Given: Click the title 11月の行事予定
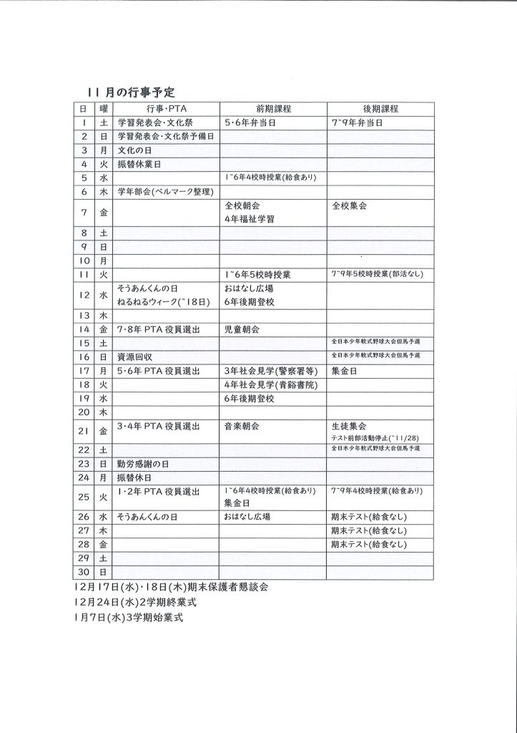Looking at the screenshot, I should pos(131,93).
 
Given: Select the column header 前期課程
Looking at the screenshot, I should pos(272,109).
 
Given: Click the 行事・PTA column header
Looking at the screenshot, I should pos(166,109).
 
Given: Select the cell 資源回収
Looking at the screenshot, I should pos(135,356).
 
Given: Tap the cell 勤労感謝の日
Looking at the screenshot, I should pos(144,463).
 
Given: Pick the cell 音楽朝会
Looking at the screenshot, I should pos(241,426).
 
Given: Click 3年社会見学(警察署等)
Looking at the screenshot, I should pos(265,371).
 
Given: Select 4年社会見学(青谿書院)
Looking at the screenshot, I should pos(265,384).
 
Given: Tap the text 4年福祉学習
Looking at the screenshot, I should pos(248,219).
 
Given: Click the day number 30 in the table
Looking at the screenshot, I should pos(84,572).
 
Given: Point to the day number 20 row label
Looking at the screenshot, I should pos(84,412).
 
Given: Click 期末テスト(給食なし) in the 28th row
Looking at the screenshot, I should pos(368,545).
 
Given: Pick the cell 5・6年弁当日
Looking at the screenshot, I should pos(250,123).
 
